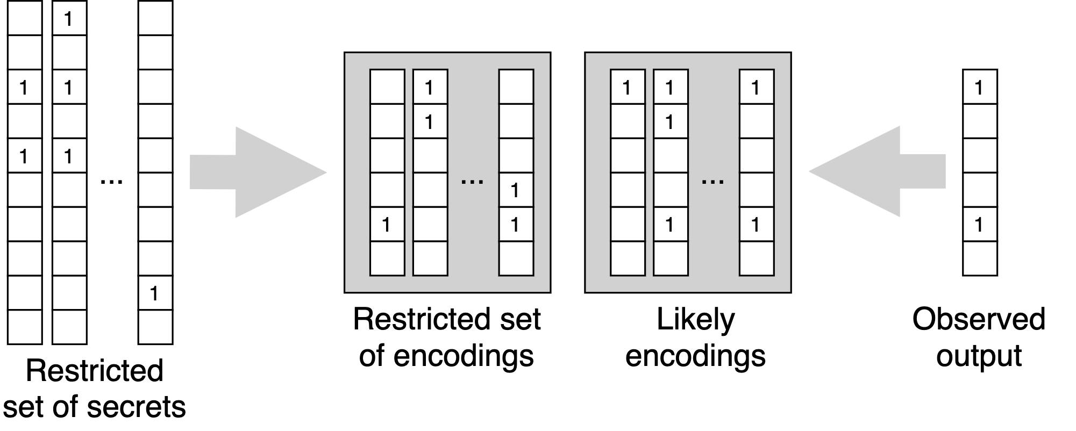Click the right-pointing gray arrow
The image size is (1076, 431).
(258, 172)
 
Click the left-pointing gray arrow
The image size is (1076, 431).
(877, 171)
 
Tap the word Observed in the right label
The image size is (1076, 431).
(978, 319)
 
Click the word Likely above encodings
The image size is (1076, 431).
(695, 319)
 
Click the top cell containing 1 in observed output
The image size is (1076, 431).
(979, 87)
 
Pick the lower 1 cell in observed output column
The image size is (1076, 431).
(979, 224)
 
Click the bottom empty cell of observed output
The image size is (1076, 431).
(979, 258)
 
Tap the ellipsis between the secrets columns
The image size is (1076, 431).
(112, 182)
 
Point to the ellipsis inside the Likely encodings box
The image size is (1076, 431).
(712, 182)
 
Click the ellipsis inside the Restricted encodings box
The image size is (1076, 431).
(472, 182)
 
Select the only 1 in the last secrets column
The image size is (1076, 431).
(155, 293)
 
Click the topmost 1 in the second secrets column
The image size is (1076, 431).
(69, 19)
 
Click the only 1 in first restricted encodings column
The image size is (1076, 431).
(387, 224)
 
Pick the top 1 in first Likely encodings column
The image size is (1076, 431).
(627, 87)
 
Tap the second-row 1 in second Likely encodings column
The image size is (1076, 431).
(670, 121)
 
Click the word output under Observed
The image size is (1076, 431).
(978, 356)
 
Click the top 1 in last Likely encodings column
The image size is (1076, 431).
(756, 87)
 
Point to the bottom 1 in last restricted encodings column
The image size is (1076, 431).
(516, 224)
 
